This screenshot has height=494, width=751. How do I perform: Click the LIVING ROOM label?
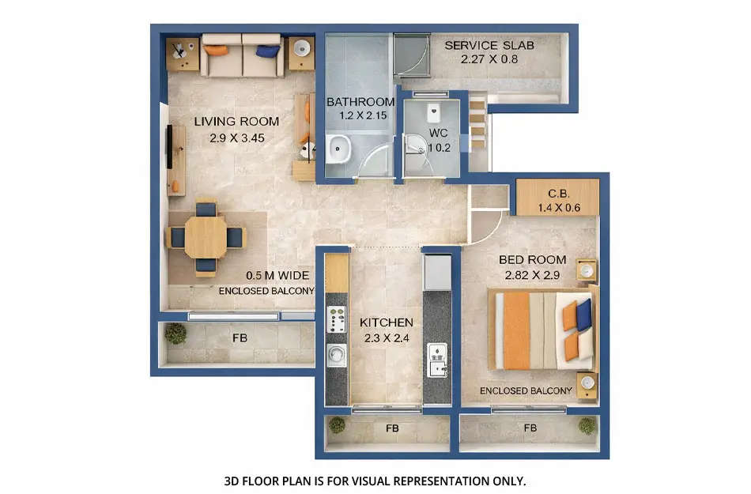(x=236, y=122)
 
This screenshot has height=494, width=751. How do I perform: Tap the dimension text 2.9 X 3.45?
(x=236, y=138)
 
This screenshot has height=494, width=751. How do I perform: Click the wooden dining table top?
(x=206, y=236)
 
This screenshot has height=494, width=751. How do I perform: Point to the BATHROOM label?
(x=360, y=102)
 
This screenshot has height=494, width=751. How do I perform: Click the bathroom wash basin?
(x=339, y=147)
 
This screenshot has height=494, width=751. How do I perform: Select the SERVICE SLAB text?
(x=489, y=45)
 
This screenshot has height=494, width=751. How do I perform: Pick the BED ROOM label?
(x=532, y=260)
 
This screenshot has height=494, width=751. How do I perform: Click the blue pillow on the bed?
(x=583, y=315)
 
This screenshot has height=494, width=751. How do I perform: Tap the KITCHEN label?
(x=386, y=322)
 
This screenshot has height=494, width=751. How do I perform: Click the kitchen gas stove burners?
(x=338, y=319)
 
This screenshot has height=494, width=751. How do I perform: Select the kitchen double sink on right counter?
(x=436, y=360)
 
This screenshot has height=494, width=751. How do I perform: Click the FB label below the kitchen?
(x=391, y=428)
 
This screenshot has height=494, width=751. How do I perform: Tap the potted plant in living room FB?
(x=175, y=334)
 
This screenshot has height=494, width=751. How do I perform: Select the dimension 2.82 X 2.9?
(x=532, y=276)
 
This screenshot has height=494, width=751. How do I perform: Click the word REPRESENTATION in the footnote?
(x=433, y=480)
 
